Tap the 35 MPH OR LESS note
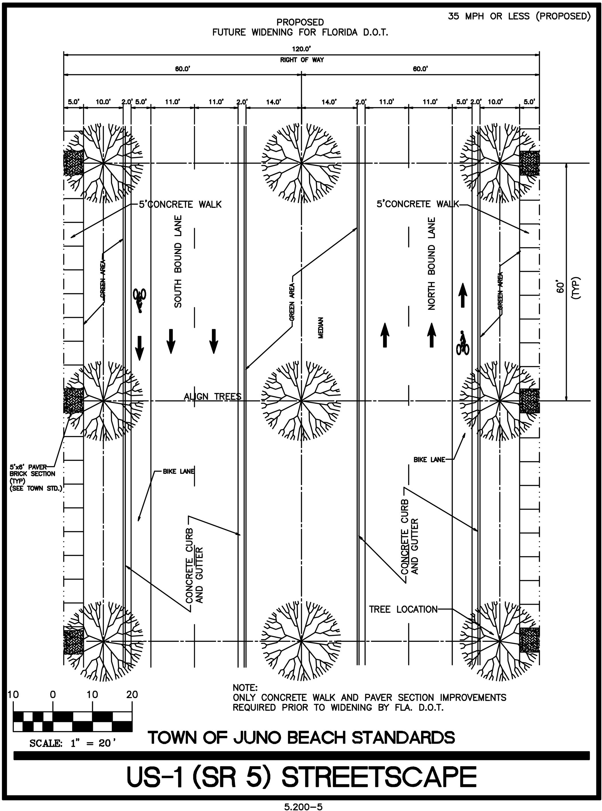coord(519,16)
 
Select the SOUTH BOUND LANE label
coord(178,261)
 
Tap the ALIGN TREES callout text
coord(212,396)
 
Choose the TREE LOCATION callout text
coord(403,609)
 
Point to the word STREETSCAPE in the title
coord(379,777)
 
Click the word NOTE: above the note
coord(245,687)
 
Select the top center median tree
coord(301,163)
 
